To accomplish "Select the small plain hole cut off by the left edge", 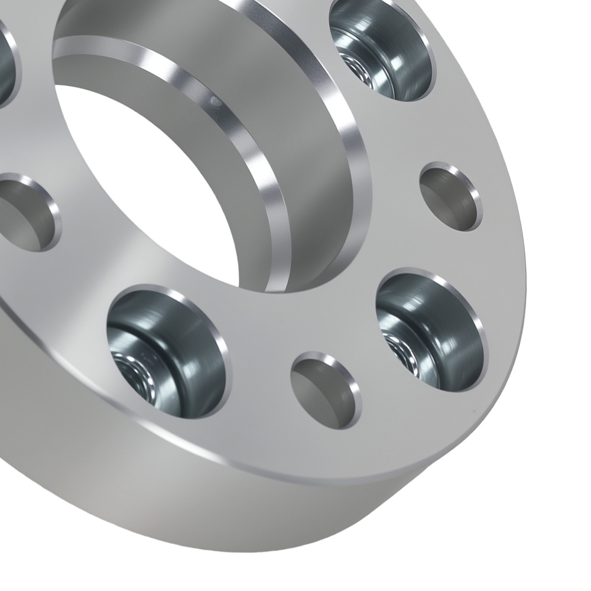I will point(24,213).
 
